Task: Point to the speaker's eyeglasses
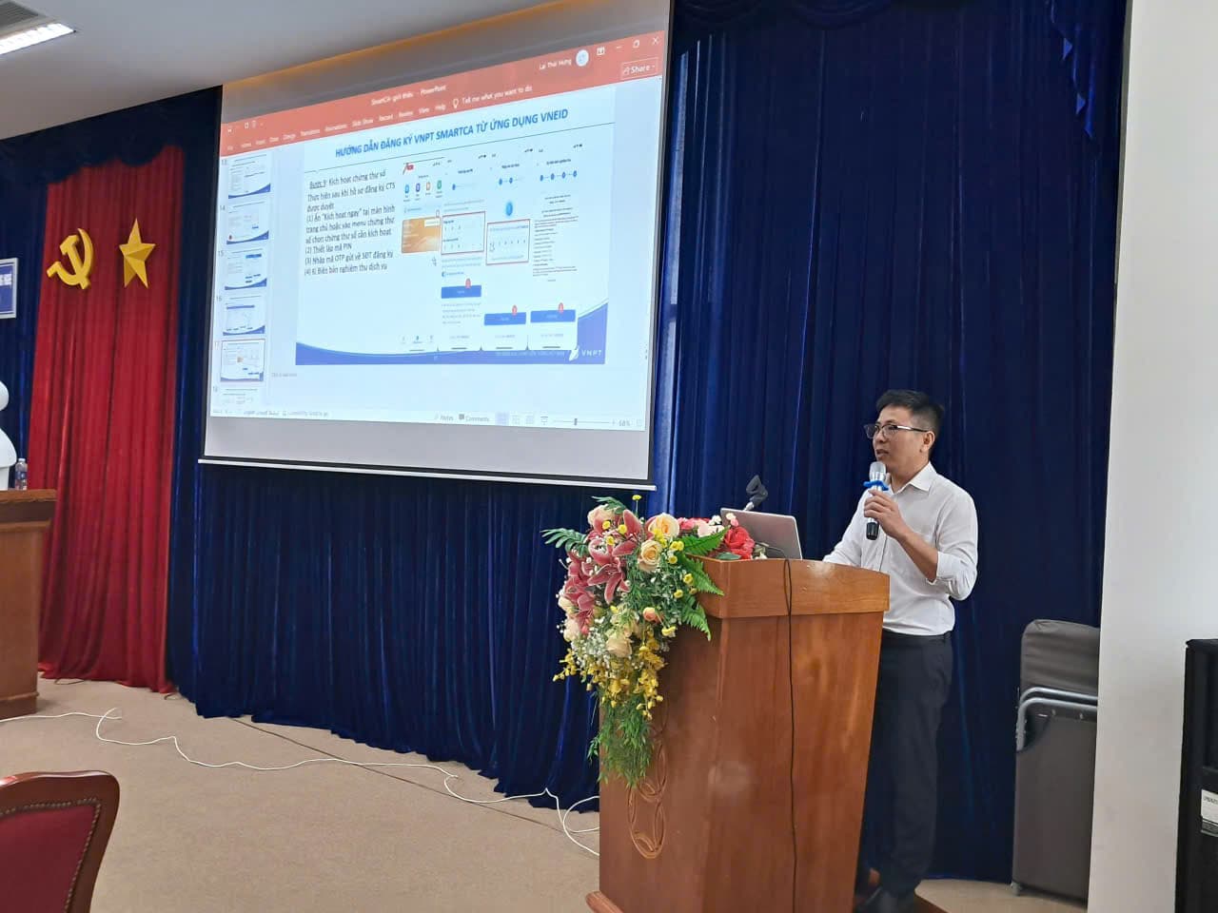click(x=894, y=430)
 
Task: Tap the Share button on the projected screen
click(x=638, y=68)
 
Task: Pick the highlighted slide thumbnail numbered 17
click(x=242, y=359)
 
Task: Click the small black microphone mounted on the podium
click(x=756, y=490)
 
